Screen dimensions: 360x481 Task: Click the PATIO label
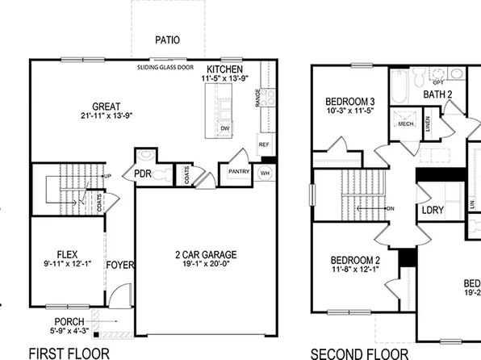point(168,40)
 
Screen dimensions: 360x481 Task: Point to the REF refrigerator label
point(263,144)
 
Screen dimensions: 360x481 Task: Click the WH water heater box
point(265,173)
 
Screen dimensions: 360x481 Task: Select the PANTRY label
point(238,171)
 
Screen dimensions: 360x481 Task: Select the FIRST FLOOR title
point(69,353)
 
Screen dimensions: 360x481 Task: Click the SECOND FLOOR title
point(359,353)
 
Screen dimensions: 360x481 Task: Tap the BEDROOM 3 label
point(350,102)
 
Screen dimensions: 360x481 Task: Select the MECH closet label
point(404,125)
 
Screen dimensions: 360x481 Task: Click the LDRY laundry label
point(432,211)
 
